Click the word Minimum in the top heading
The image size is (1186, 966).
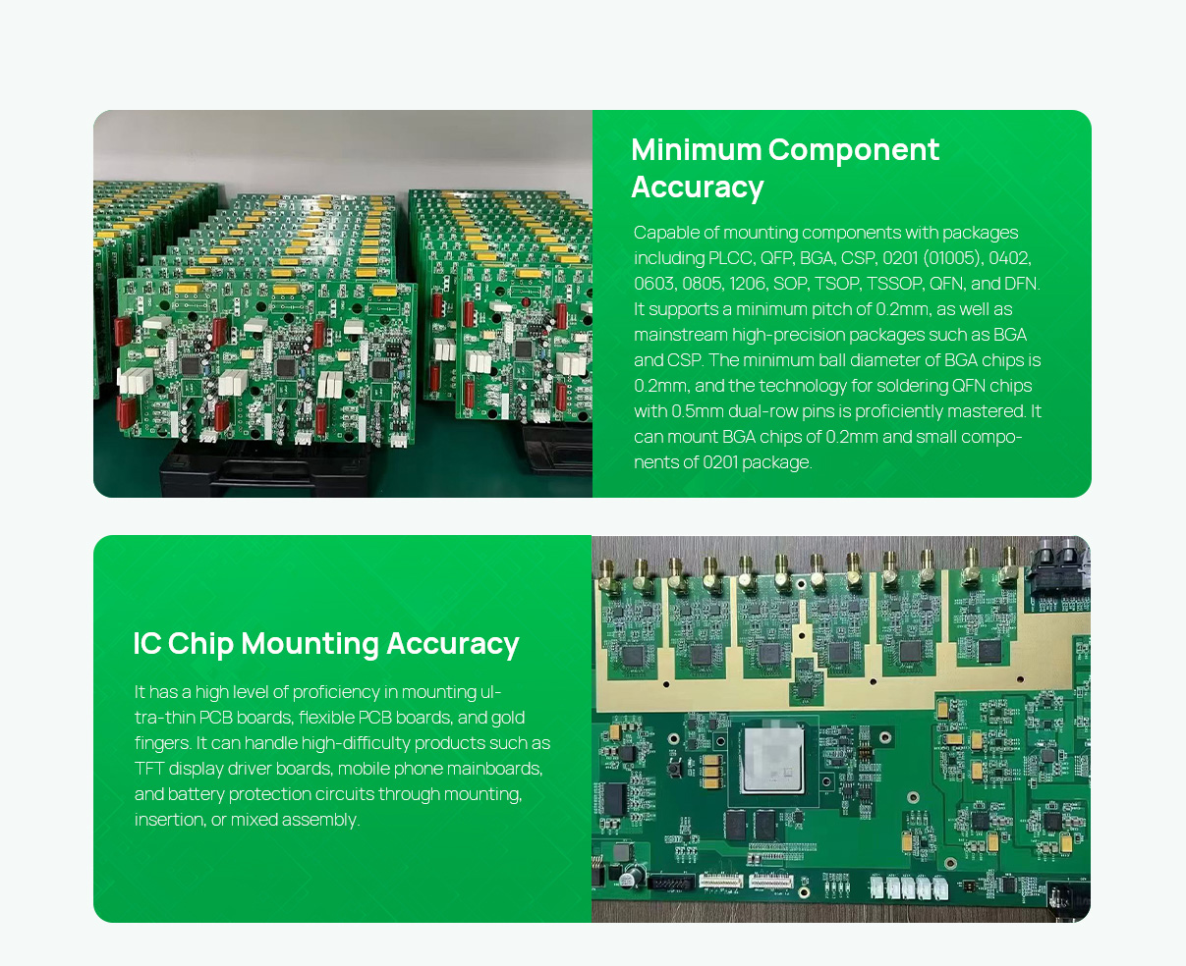click(696, 149)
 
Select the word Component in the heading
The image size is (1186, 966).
click(854, 150)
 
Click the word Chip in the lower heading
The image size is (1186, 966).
click(200, 644)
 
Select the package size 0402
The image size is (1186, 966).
click(1009, 258)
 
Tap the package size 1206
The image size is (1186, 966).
click(747, 284)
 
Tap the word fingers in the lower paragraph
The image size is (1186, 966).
click(162, 743)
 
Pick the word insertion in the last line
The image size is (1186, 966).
click(169, 820)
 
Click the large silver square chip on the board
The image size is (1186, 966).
click(773, 758)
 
